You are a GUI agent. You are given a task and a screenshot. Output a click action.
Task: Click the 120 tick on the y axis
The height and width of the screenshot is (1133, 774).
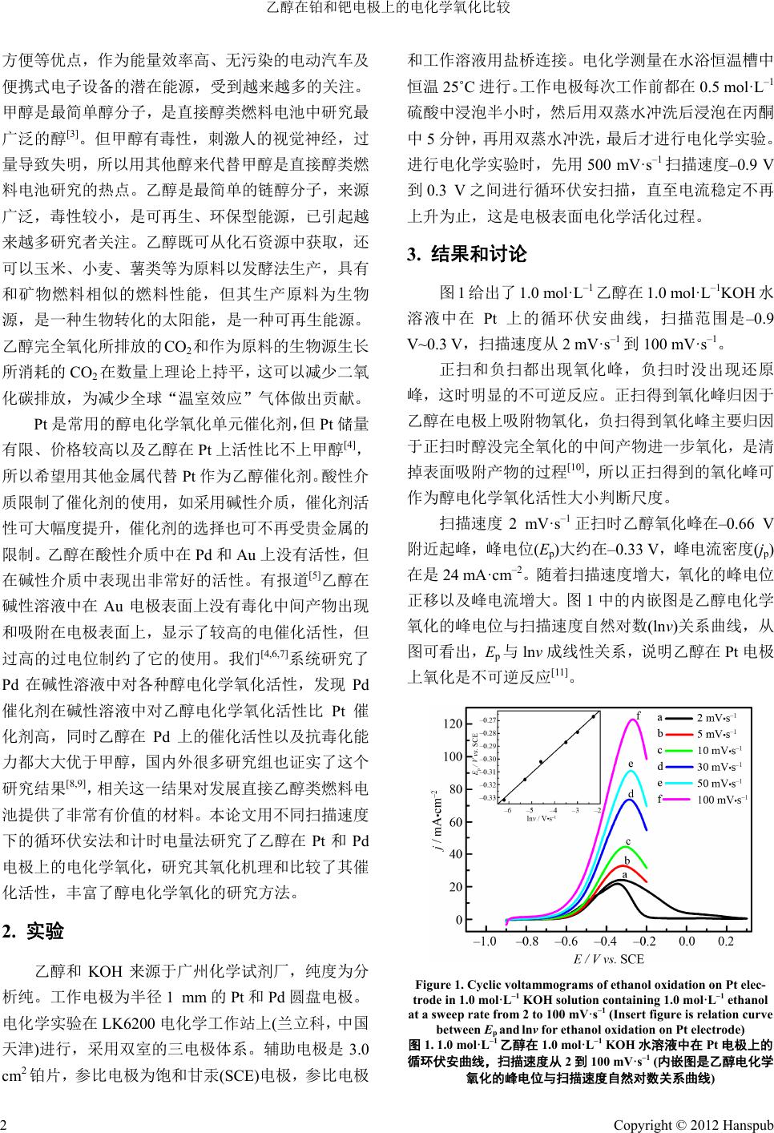[x=452, y=724]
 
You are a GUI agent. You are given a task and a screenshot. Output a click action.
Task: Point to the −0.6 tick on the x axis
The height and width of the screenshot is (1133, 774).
[x=566, y=941]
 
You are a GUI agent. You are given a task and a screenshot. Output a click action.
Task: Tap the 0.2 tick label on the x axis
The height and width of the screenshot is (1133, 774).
[x=726, y=941]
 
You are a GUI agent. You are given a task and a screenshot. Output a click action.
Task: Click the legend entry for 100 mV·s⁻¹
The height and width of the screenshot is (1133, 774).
[x=722, y=799]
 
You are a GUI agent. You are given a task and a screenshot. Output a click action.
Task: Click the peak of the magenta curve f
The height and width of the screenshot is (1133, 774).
[x=634, y=720]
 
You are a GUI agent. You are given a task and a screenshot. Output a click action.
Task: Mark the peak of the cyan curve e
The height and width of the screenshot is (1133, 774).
[x=631, y=772]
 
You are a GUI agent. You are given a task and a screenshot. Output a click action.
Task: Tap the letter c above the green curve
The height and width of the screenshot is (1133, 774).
[x=628, y=841]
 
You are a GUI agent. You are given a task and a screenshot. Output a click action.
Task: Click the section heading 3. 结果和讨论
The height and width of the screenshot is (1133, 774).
[x=467, y=255]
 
